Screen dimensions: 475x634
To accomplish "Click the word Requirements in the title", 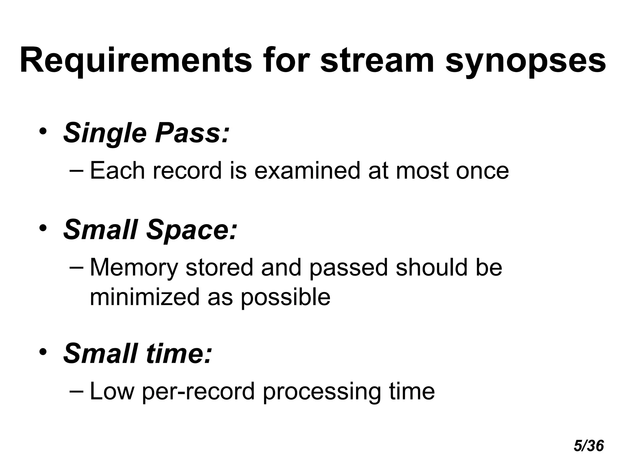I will click(136, 61).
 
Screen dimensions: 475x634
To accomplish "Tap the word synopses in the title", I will click(525, 61).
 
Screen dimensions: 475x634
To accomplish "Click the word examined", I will click(307, 171).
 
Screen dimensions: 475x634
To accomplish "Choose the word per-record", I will click(198, 392).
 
